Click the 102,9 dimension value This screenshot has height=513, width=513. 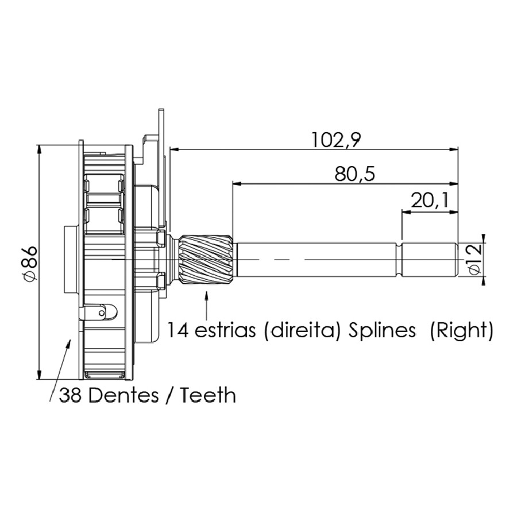[336, 140]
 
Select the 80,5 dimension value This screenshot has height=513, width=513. [354, 174]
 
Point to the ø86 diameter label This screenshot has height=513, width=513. [29, 263]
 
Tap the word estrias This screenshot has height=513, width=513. [225, 330]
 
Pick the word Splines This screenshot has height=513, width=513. [382, 331]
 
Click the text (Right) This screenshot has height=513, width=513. [461, 331]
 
